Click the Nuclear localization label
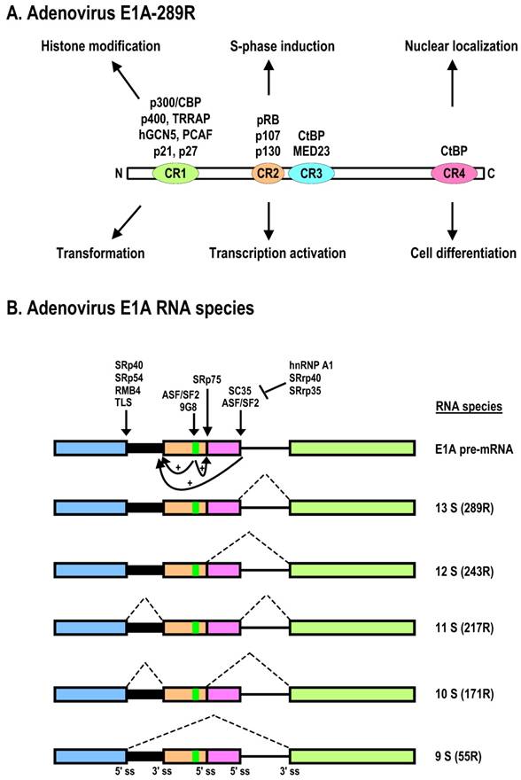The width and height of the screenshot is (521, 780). pos(455,45)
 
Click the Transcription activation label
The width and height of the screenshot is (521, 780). pos(277,253)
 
